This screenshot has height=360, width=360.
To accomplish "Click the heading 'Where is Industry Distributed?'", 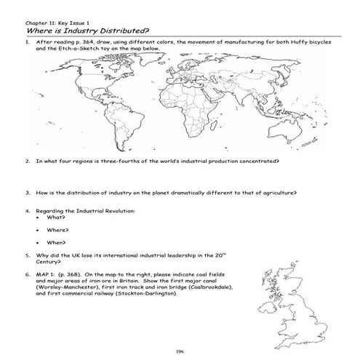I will [x=87, y=31].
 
